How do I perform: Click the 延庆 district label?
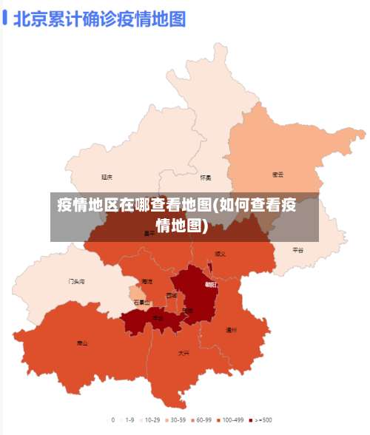click(107, 177)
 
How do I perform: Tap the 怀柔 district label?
click(206, 178)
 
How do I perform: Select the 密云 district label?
click(278, 175)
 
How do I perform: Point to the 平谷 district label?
click(298, 250)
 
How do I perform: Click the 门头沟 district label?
click(76, 282)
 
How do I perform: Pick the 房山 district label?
click(82, 343)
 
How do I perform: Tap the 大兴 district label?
click(184, 353)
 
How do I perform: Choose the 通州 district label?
click(231, 330)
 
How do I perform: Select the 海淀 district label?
click(147, 282)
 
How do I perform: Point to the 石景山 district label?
click(141, 302)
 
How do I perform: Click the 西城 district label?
click(172, 295)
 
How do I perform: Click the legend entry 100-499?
click(230, 419)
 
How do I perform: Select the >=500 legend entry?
click(260, 419)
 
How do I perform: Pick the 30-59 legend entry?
click(173, 419)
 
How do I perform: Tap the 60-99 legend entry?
click(201, 419)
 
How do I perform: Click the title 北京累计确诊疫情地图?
click(98, 18)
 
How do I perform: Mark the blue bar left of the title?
click(5, 18)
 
